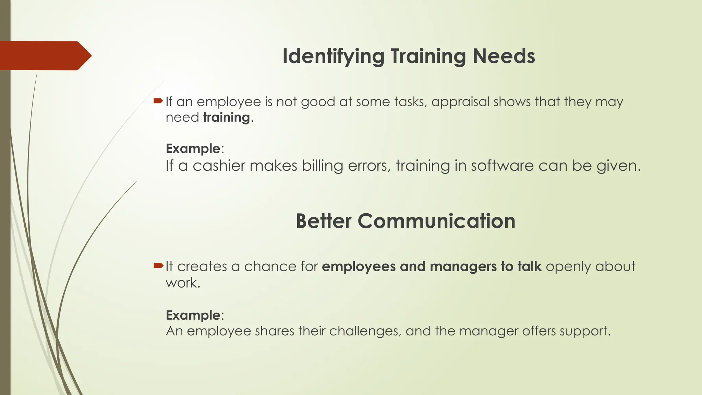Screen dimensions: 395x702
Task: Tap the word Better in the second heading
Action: (323, 221)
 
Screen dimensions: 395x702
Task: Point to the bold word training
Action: (226, 118)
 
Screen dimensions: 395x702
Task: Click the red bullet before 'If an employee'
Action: (158, 101)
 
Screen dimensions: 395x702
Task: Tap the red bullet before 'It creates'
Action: (158, 265)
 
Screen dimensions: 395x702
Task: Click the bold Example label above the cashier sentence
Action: (193, 148)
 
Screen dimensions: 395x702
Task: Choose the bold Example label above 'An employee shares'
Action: (193, 315)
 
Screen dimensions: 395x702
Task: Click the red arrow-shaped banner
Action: (45, 56)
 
